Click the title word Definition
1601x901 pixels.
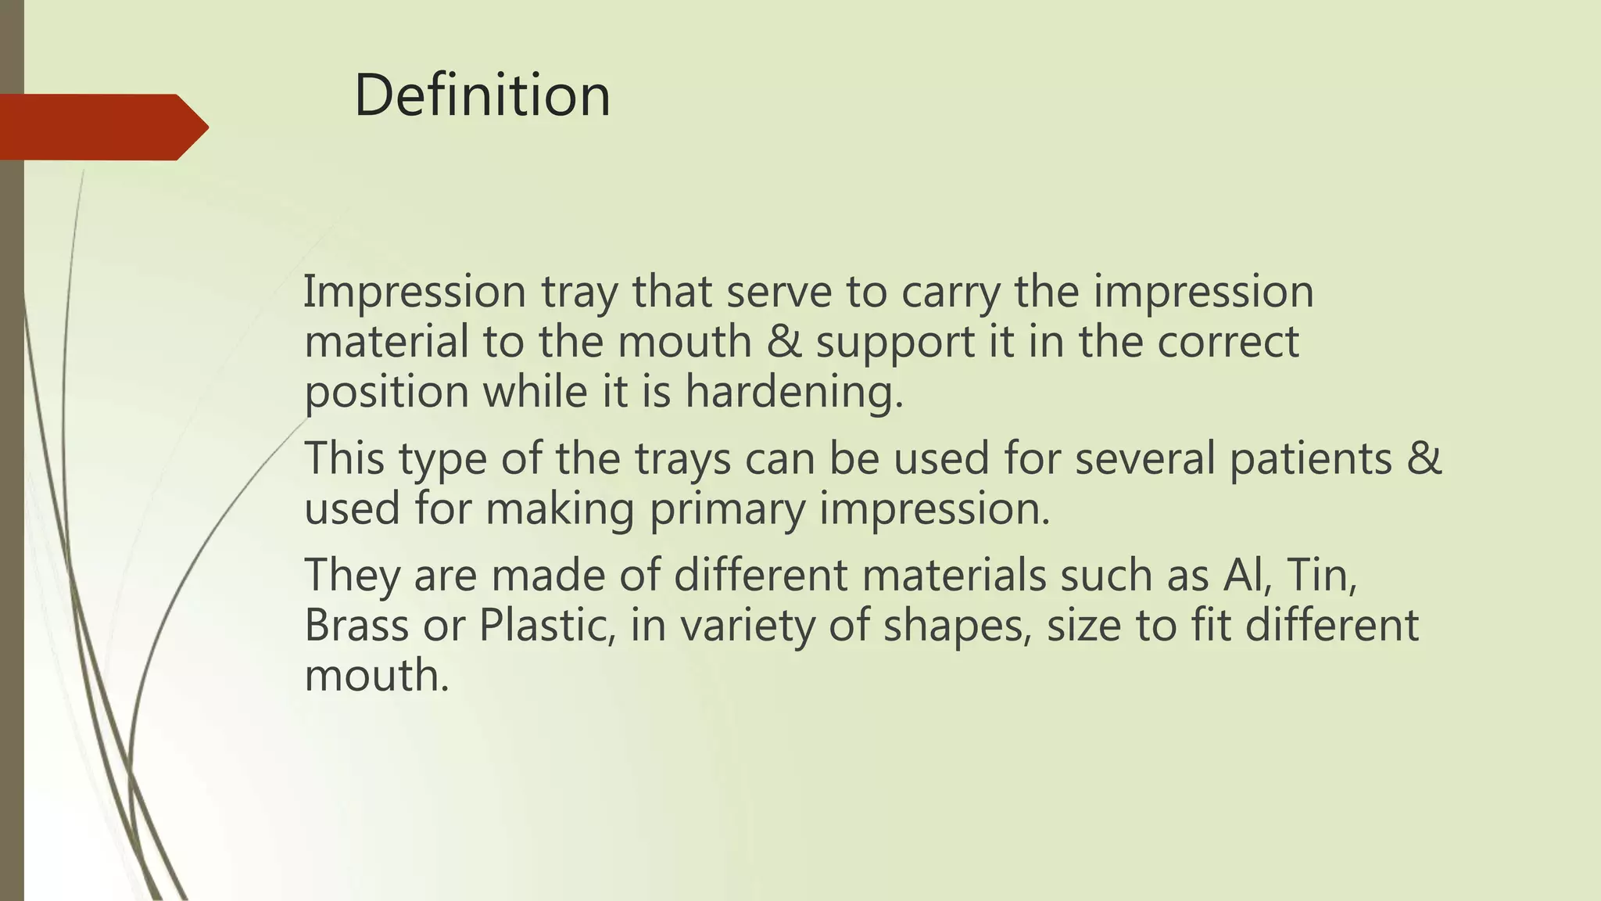pos(482,95)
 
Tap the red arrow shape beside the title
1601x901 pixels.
pos(102,127)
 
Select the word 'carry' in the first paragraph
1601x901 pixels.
pos(950,293)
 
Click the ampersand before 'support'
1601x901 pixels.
pos(784,343)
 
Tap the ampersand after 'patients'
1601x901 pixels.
pos(1424,458)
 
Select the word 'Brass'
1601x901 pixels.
pos(356,626)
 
